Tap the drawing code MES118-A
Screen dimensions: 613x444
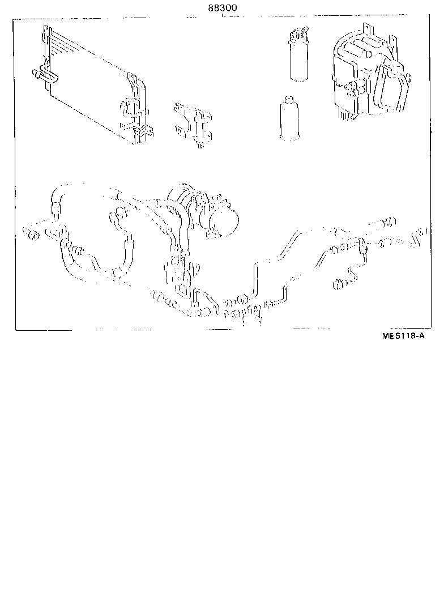click(403, 335)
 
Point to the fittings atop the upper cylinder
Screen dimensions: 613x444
click(298, 35)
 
